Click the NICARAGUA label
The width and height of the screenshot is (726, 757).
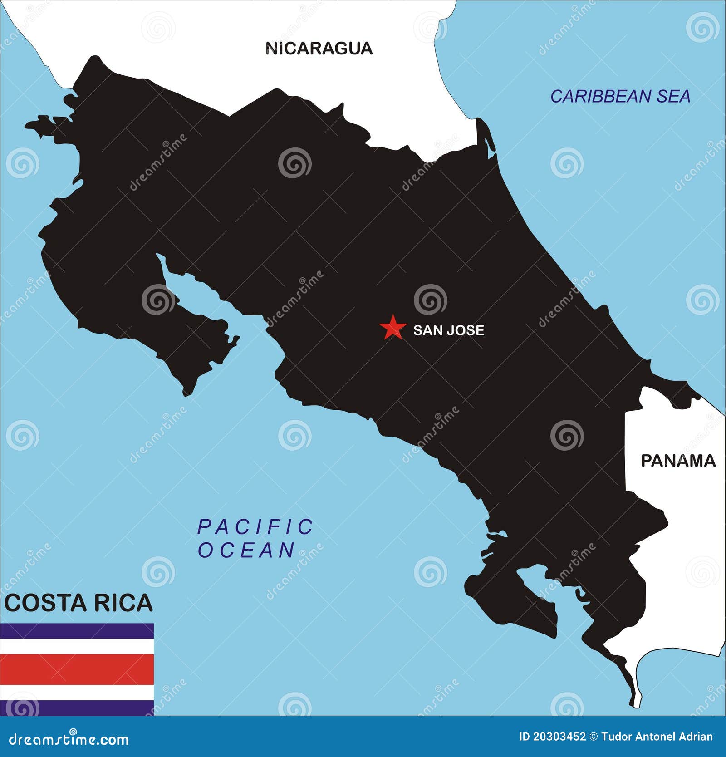pyautogui.click(x=319, y=48)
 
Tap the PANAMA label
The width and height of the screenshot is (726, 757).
pyautogui.click(x=678, y=461)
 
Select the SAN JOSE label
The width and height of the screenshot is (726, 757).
pyautogui.click(x=448, y=330)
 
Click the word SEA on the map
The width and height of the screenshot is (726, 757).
pyautogui.click(x=672, y=96)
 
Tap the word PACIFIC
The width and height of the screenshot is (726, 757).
pyautogui.click(x=255, y=527)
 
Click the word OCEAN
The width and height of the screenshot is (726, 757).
pyautogui.click(x=247, y=551)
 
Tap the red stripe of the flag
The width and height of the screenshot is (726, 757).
pyautogui.click(x=77, y=669)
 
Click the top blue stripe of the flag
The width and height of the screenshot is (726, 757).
pyautogui.click(x=77, y=631)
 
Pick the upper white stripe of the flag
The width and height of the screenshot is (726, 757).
pyautogui.click(x=77, y=646)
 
